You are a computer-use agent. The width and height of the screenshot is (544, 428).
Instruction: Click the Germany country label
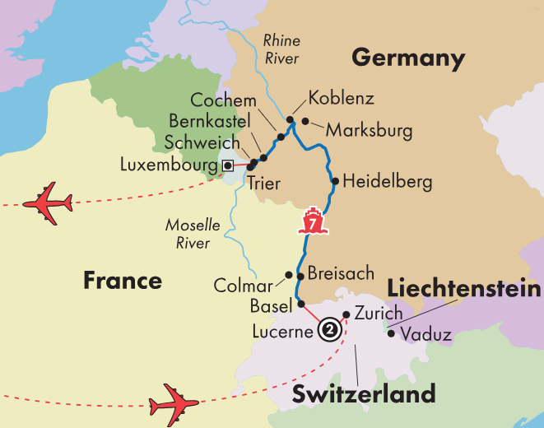[408, 58]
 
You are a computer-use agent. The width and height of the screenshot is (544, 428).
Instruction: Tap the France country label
[123, 281]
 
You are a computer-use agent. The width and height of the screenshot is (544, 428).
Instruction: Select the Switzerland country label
[364, 393]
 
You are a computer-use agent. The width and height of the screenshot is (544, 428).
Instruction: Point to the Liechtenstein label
[464, 289]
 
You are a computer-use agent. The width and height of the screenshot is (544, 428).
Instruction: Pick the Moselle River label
[188, 233]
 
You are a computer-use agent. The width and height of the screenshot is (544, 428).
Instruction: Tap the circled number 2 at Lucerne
[329, 329]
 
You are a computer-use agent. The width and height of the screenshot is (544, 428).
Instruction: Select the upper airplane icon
[49, 203]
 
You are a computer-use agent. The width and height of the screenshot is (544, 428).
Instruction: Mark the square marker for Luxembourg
[227, 166]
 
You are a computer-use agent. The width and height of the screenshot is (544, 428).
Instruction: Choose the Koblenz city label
[341, 99]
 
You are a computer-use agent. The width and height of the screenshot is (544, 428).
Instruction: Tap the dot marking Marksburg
[305, 122]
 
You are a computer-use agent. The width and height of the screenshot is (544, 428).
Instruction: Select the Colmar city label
[243, 286]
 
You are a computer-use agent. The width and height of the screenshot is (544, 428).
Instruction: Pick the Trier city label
[263, 184]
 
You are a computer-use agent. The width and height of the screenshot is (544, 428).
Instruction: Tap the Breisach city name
[340, 273]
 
